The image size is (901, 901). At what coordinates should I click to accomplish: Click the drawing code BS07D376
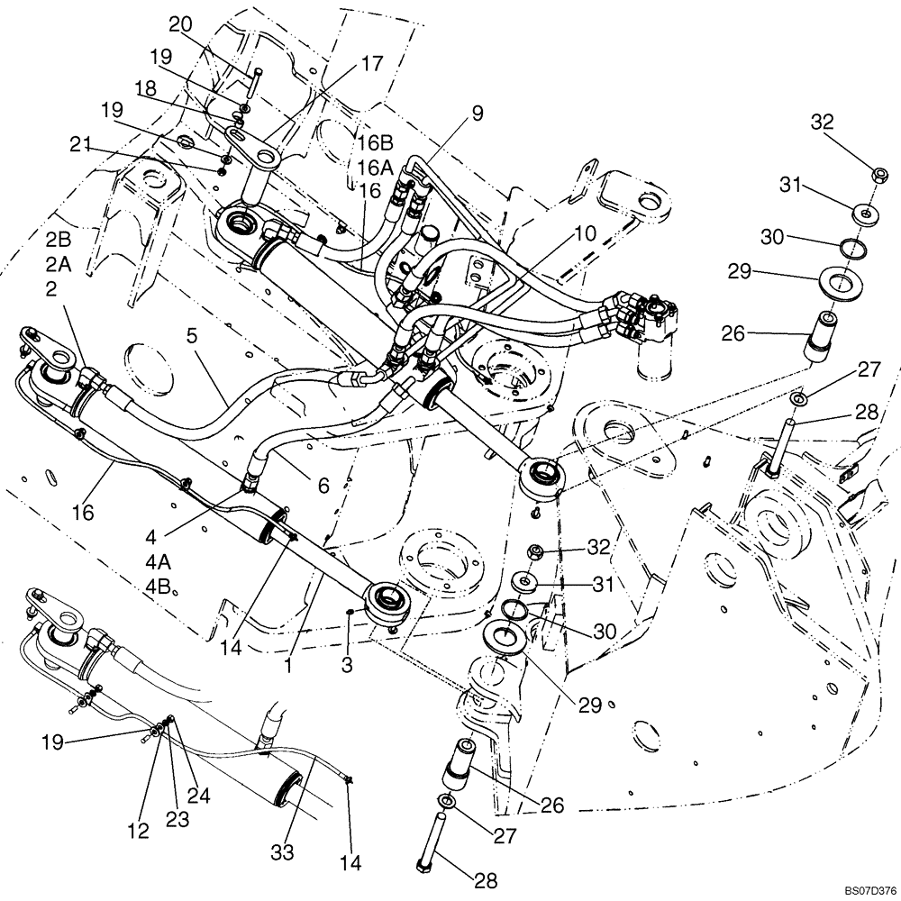tap(869, 890)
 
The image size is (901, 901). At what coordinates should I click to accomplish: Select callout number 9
tap(477, 113)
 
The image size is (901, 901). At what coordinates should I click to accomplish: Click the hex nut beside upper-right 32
tap(877, 174)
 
